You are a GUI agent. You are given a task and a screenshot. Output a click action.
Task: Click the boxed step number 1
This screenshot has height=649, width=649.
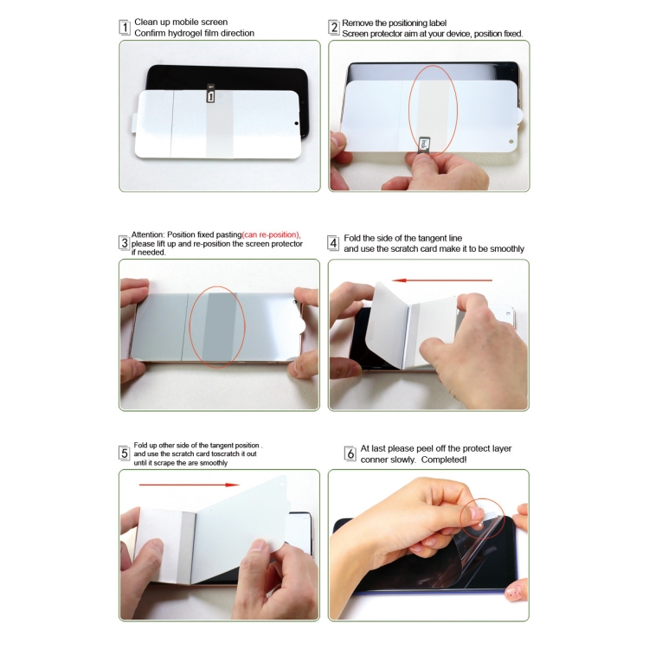pyautogui.click(x=125, y=27)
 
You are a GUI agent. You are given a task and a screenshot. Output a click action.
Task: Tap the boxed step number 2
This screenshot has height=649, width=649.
pyautogui.click(x=334, y=27)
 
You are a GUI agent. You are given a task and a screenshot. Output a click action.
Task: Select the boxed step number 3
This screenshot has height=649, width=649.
pyautogui.click(x=125, y=243)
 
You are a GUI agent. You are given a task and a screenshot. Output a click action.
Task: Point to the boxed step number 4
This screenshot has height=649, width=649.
pyautogui.click(x=333, y=243)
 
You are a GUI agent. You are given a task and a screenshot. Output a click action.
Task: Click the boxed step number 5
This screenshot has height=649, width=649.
pyautogui.click(x=125, y=453)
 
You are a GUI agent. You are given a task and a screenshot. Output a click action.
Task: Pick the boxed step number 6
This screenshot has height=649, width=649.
pyautogui.click(x=350, y=453)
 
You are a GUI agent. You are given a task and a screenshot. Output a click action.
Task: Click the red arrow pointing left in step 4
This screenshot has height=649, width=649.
pyautogui.click(x=440, y=280)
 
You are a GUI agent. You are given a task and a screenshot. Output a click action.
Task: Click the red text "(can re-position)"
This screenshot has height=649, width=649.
pyautogui.click(x=271, y=235)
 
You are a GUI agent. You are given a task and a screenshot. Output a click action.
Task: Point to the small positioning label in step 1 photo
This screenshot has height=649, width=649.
pyautogui.click(x=210, y=97)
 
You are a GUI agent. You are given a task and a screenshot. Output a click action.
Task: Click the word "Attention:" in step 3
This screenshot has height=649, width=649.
pyautogui.click(x=148, y=235)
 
